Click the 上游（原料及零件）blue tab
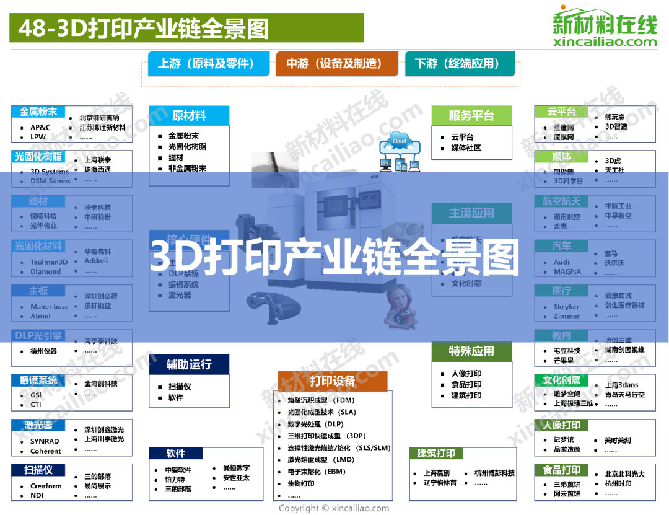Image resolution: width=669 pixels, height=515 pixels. coord(209,64)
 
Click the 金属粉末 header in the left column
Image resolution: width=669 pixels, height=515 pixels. coord(38,112)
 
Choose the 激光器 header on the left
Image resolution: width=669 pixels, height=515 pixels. coord(38,426)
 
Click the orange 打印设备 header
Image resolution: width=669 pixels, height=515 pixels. coord(333,381)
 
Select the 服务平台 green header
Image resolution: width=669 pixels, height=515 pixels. coord(471,115)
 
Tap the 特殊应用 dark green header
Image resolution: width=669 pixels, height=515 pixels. coord(471,351)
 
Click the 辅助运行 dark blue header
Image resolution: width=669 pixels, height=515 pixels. coord(189,364)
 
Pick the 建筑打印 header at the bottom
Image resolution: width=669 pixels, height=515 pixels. coord(436,454)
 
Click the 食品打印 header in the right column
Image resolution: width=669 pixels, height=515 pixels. coord(561,470)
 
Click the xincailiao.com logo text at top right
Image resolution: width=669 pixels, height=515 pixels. coord(605,42)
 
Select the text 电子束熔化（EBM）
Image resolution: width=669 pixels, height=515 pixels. coord(317,472)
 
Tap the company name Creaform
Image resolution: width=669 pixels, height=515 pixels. coord(46,486)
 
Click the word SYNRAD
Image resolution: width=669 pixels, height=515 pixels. coord(45,442)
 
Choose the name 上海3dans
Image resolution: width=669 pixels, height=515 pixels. coord(621,385)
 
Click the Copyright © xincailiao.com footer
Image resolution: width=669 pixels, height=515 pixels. coord(334,508)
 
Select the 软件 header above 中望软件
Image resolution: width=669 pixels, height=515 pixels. coord(176,454)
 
